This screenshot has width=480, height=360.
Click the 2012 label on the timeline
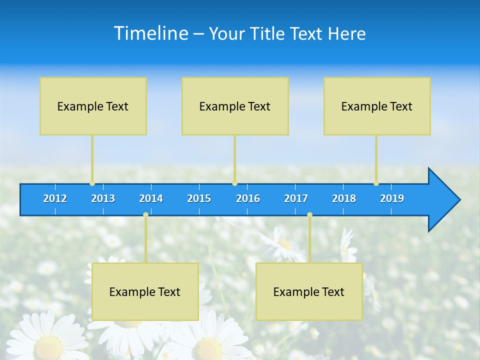tap(55, 198)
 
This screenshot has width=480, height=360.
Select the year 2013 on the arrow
tap(103, 198)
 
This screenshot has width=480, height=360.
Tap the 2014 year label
tap(151, 198)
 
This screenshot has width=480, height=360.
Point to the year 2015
tap(199, 198)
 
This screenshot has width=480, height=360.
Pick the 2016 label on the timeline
tap(248, 198)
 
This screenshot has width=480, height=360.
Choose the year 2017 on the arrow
tap(296, 198)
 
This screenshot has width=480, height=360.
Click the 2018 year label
tap(344, 198)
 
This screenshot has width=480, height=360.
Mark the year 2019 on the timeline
tap(392, 198)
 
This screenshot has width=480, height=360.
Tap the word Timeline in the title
tap(150, 33)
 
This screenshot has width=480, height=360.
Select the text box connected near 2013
tap(93, 106)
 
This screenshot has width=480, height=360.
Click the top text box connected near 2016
tap(235, 106)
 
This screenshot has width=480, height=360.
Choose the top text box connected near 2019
tap(377, 106)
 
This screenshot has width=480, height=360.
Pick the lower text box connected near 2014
tap(145, 291)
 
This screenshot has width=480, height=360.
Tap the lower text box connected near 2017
tap(309, 291)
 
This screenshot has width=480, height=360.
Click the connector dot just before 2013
tap(92, 183)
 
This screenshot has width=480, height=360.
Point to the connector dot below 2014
tap(145, 214)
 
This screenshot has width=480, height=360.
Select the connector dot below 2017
tap(309, 214)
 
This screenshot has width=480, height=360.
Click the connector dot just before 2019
tap(376, 183)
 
